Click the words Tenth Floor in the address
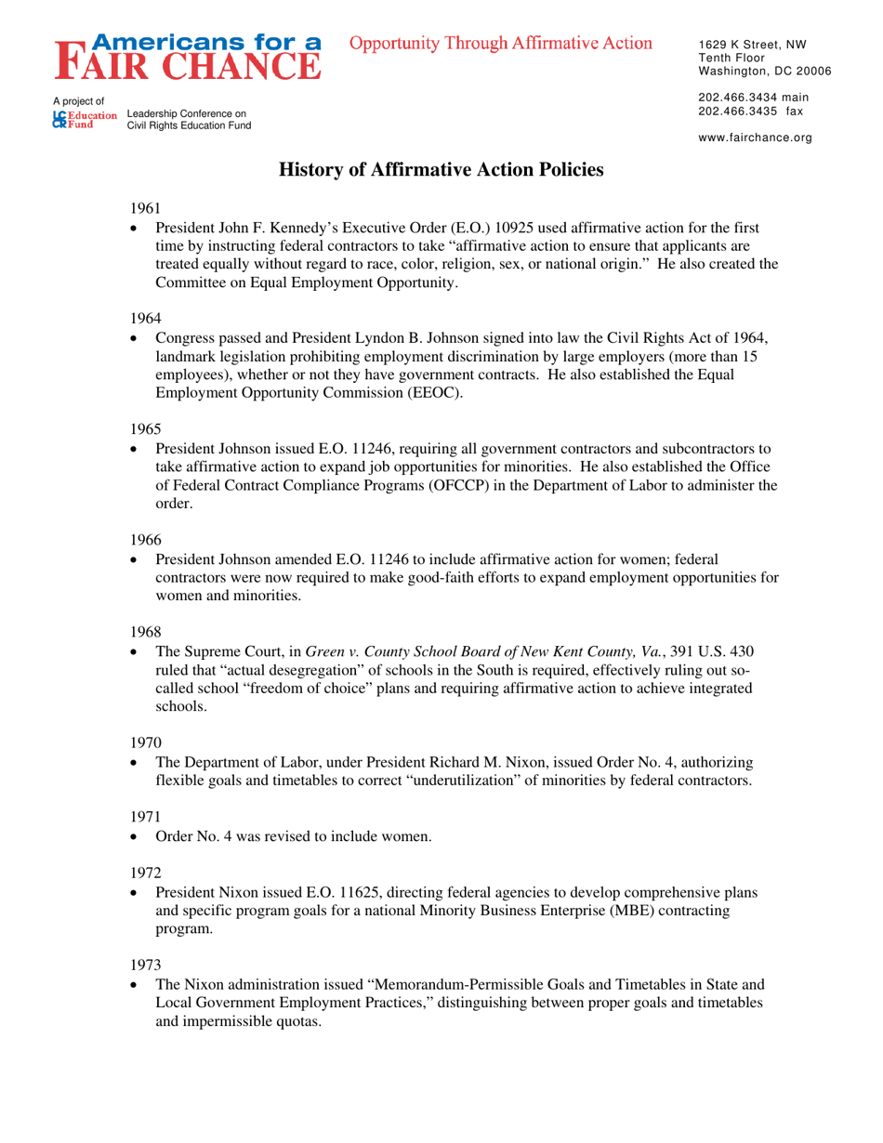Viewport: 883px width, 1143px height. point(730,58)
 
